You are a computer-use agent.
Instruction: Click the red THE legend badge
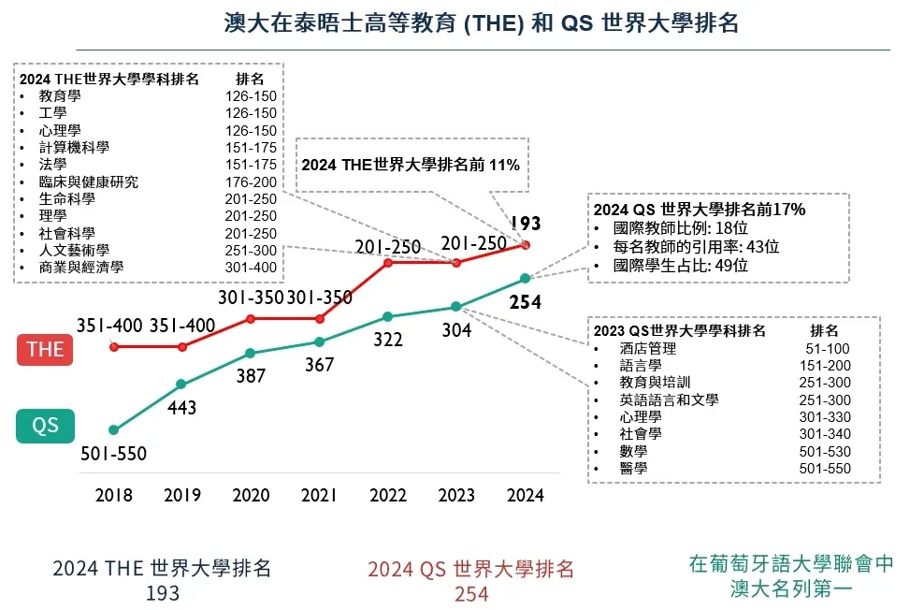tap(45, 349)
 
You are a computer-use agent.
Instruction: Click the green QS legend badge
tap(45, 427)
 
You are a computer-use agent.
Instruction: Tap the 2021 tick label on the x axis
tap(319, 496)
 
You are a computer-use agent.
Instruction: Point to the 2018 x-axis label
tap(114, 496)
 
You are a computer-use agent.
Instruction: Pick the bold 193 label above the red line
tap(525, 224)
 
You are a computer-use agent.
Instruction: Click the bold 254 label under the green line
tap(526, 303)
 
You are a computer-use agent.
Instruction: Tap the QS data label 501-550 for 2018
tap(114, 455)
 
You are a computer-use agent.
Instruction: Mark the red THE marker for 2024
tap(526, 245)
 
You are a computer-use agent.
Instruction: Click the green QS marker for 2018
tap(114, 430)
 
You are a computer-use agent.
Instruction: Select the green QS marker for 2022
tap(388, 316)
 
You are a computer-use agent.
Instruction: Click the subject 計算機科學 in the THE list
tap(74, 148)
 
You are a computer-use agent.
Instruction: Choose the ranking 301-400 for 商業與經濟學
tap(251, 268)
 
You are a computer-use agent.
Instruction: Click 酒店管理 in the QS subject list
tap(647, 349)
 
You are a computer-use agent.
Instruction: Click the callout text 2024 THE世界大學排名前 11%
tap(410, 165)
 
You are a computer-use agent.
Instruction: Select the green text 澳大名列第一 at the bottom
tap(791, 589)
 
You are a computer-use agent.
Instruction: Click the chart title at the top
tap(482, 23)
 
